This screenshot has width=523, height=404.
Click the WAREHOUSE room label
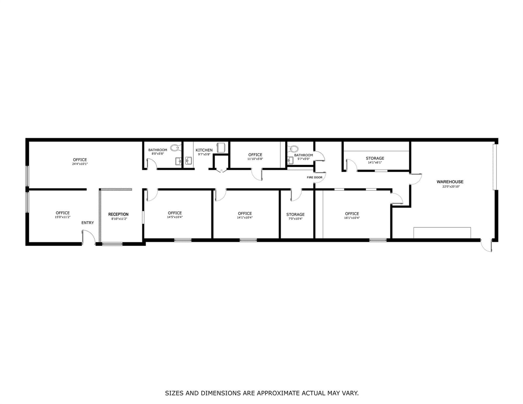point(450,182)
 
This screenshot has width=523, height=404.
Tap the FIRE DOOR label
point(314,177)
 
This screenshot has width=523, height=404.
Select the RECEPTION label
point(118,214)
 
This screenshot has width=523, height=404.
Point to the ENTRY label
point(88,223)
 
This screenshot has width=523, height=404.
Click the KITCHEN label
point(204,150)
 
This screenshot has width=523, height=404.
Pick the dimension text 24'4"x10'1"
point(80,164)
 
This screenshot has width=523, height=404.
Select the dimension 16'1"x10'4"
point(352,218)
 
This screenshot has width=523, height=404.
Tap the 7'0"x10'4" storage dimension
point(295,218)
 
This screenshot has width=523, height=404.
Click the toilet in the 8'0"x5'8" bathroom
point(176,148)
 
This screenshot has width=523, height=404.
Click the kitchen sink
point(189,160)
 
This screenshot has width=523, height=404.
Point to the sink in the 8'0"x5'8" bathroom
point(178,161)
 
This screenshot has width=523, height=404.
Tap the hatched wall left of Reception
point(100,215)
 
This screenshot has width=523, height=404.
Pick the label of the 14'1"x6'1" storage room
point(375,158)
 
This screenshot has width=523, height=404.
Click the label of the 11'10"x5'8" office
point(255,155)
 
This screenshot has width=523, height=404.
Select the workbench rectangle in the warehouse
point(442,233)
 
